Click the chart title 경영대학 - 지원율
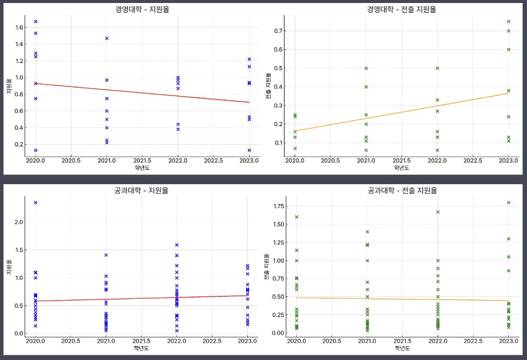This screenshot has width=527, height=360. click(x=142, y=10)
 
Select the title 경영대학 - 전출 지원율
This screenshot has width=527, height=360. click(x=401, y=10)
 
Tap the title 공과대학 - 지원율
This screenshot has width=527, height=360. click(x=142, y=190)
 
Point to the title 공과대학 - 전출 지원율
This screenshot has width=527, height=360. click(x=401, y=190)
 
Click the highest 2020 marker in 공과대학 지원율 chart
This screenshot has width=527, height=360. click(x=35, y=203)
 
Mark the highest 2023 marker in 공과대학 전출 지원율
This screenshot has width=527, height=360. click(x=508, y=203)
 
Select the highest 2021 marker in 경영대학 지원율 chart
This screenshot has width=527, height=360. click(x=107, y=38)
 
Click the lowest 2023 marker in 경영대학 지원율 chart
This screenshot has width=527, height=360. click(x=249, y=150)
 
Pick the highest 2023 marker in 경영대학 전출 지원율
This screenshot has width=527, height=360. click(x=508, y=22)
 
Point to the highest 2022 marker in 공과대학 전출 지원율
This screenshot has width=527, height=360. click(x=438, y=212)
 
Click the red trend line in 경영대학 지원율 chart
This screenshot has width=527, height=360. click(x=142, y=93)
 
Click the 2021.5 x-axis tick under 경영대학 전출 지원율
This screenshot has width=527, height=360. click(x=402, y=161)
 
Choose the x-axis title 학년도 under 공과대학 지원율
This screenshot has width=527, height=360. click(x=142, y=348)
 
